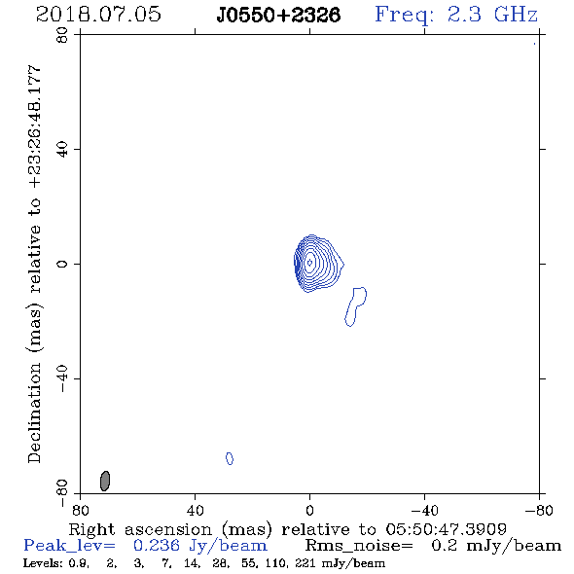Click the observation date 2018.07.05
point(98,15)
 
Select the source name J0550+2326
point(278,16)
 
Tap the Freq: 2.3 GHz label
point(456,16)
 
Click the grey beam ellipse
point(105,481)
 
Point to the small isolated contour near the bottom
point(230,458)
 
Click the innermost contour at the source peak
point(309,262)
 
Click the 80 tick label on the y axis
point(62,35)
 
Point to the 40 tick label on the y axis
point(62,150)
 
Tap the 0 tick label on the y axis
point(62,264)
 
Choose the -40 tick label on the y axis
point(62,378)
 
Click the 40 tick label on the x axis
point(196,511)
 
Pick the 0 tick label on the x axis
point(309,511)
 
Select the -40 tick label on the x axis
point(424,511)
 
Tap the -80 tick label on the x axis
point(539,511)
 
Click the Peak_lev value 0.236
point(157,546)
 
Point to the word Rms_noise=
point(359,546)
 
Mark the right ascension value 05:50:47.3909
point(446,529)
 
